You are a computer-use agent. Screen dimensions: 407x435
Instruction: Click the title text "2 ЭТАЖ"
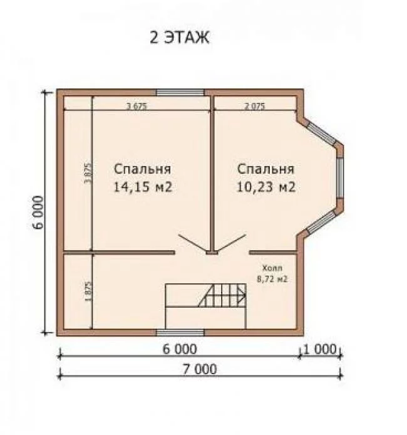click(x=179, y=37)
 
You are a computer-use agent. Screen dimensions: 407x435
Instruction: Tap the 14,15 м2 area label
click(x=143, y=187)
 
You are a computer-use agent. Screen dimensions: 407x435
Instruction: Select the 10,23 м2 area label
click(x=266, y=187)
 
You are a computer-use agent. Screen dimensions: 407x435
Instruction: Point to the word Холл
click(x=272, y=268)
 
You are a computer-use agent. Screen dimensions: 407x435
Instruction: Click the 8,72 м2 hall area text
click(x=272, y=279)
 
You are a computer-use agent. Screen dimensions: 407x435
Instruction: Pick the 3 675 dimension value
click(x=137, y=106)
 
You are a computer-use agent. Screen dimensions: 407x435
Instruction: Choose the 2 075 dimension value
click(x=255, y=106)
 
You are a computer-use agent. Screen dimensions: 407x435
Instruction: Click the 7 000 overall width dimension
click(x=200, y=369)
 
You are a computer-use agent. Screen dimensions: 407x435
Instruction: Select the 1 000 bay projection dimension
click(x=320, y=349)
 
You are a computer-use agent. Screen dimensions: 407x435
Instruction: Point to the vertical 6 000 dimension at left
click(x=38, y=212)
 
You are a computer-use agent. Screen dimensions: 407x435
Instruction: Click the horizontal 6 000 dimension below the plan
click(x=180, y=349)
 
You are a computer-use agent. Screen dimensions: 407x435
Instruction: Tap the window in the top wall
click(x=180, y=92)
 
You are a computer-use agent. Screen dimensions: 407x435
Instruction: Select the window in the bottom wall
click(x=180, y=333)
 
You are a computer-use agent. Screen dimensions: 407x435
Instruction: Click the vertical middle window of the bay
click(x=340, y=178)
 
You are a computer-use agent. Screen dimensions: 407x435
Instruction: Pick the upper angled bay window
click(x=322, y=134)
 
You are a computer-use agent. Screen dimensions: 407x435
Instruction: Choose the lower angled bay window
click(x=321, y=222)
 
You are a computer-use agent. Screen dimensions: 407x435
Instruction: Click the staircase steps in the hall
click(x=222, y=295)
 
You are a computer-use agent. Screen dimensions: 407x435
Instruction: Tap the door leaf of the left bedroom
click(x=193, y=244)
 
